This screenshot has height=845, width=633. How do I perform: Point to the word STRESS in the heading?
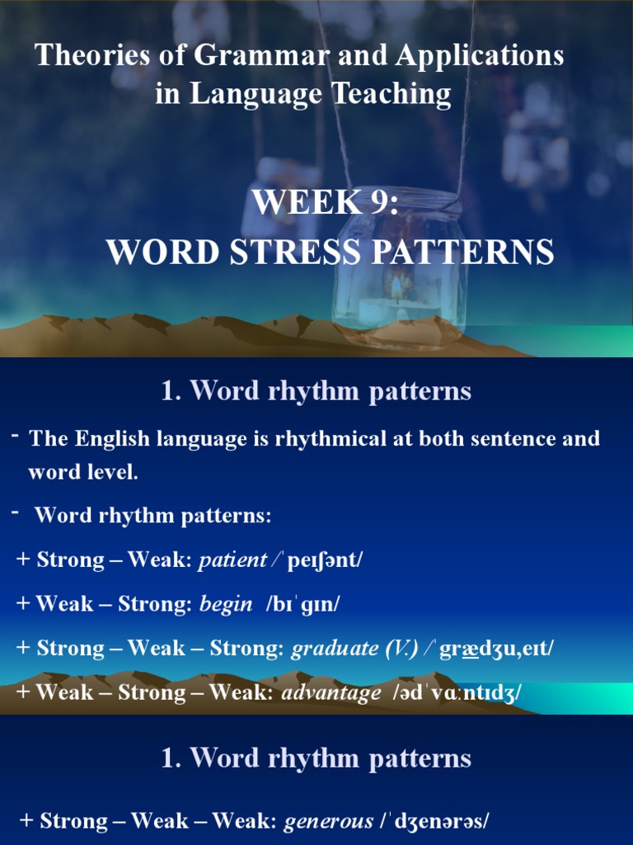pos(298,252)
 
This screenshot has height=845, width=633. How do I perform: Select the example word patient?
pos(232,559)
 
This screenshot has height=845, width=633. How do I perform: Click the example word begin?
pos(226,604)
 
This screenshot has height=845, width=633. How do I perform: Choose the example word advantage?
pos(331,692)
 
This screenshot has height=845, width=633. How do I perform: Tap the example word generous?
pos(328,821)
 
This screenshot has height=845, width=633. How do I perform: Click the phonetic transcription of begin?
pos(302,604)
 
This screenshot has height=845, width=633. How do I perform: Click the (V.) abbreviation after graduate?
pos(401,648)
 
